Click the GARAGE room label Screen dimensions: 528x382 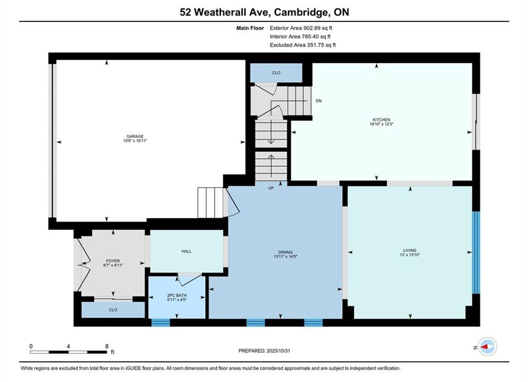135,136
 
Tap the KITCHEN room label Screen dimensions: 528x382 381,120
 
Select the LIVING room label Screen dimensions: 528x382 410,250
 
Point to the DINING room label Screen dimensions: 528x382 285,252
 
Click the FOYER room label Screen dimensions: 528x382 113,261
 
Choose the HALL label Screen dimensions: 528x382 187,251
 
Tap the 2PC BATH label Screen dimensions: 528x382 177,295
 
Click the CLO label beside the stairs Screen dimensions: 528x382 276,73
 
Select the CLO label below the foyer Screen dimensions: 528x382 113,310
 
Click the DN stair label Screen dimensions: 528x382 318,101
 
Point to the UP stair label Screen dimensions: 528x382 271,188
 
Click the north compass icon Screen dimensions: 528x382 487,346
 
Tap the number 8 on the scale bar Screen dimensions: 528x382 107,346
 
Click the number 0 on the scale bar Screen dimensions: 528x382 31,346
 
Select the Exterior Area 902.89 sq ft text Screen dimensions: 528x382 301,28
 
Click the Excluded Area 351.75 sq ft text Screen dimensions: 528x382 302,45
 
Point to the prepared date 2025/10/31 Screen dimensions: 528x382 278,351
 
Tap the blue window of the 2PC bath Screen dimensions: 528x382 161,323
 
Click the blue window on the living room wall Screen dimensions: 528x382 476,253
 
